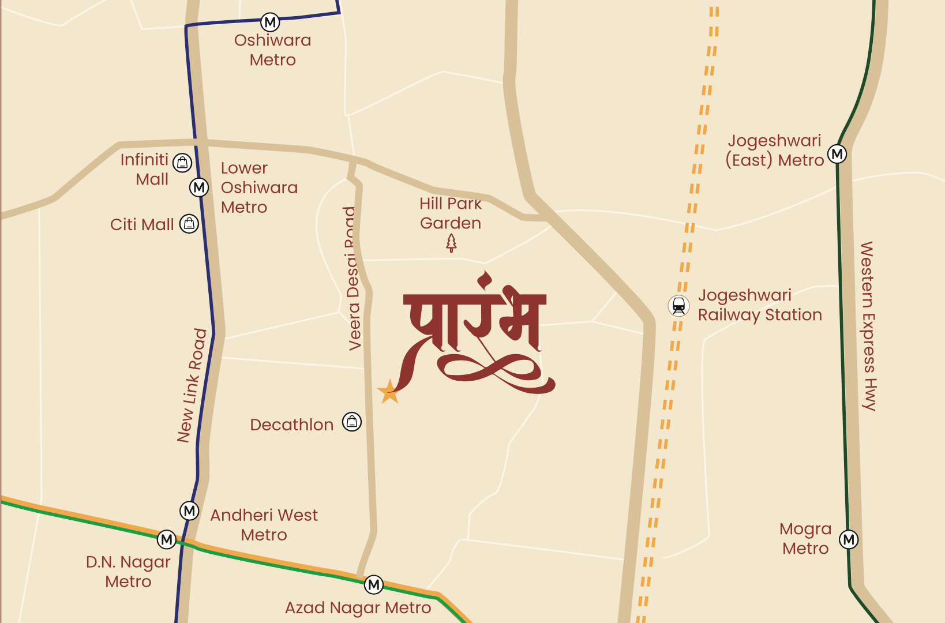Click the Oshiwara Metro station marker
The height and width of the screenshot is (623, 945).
pos(270,22)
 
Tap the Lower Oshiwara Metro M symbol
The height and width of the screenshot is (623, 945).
pos(199,187)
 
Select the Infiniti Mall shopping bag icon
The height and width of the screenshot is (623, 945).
pos(182,163)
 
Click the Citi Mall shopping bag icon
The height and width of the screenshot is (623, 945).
pos(189,224)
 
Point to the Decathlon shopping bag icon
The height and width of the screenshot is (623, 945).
pos(352,422)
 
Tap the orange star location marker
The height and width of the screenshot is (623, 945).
pos(389,392)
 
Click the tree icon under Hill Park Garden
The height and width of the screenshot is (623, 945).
pos(451,243)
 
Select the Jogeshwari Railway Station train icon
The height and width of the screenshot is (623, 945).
pos(679,306)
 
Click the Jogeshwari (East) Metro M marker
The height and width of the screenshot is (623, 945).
pos(837,154)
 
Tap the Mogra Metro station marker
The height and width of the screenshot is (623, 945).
pos(849,539)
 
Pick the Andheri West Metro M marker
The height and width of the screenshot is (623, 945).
pos(189,511)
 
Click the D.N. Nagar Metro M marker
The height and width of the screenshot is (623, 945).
pos(167,539)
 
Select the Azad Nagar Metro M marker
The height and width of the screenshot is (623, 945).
pos(374,585)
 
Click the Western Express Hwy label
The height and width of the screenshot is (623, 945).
pos(868,326)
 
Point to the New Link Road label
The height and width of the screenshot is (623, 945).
pos(192,385)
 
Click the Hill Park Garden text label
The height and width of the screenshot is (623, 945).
pos(451,213)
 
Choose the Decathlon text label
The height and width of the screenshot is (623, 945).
pos(292,425)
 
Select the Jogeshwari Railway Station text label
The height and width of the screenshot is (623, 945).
pos(760,305)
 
